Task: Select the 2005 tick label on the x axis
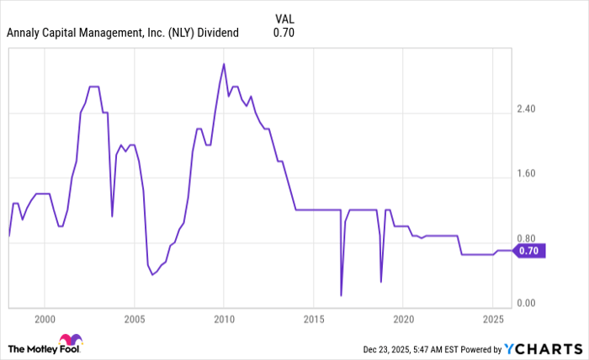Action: click(134, 320)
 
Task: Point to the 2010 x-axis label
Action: click(223, 320)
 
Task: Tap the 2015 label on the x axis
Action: click(313, 320)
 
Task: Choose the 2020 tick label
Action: click(402, 320)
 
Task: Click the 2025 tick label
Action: click(492, 320)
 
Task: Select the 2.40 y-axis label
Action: click(527, 109)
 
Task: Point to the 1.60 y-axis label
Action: click(527, 174)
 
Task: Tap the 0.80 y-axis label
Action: click(527, 239)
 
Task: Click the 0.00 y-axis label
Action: click(527, 304)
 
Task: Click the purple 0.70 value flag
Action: click(529, 250)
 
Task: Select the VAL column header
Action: click(284, 18)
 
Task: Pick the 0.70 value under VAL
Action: click(284, 33)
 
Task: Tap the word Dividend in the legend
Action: click(218, 33)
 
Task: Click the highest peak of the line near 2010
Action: click(223, 64)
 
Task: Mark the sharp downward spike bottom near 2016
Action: click(341, 295)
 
